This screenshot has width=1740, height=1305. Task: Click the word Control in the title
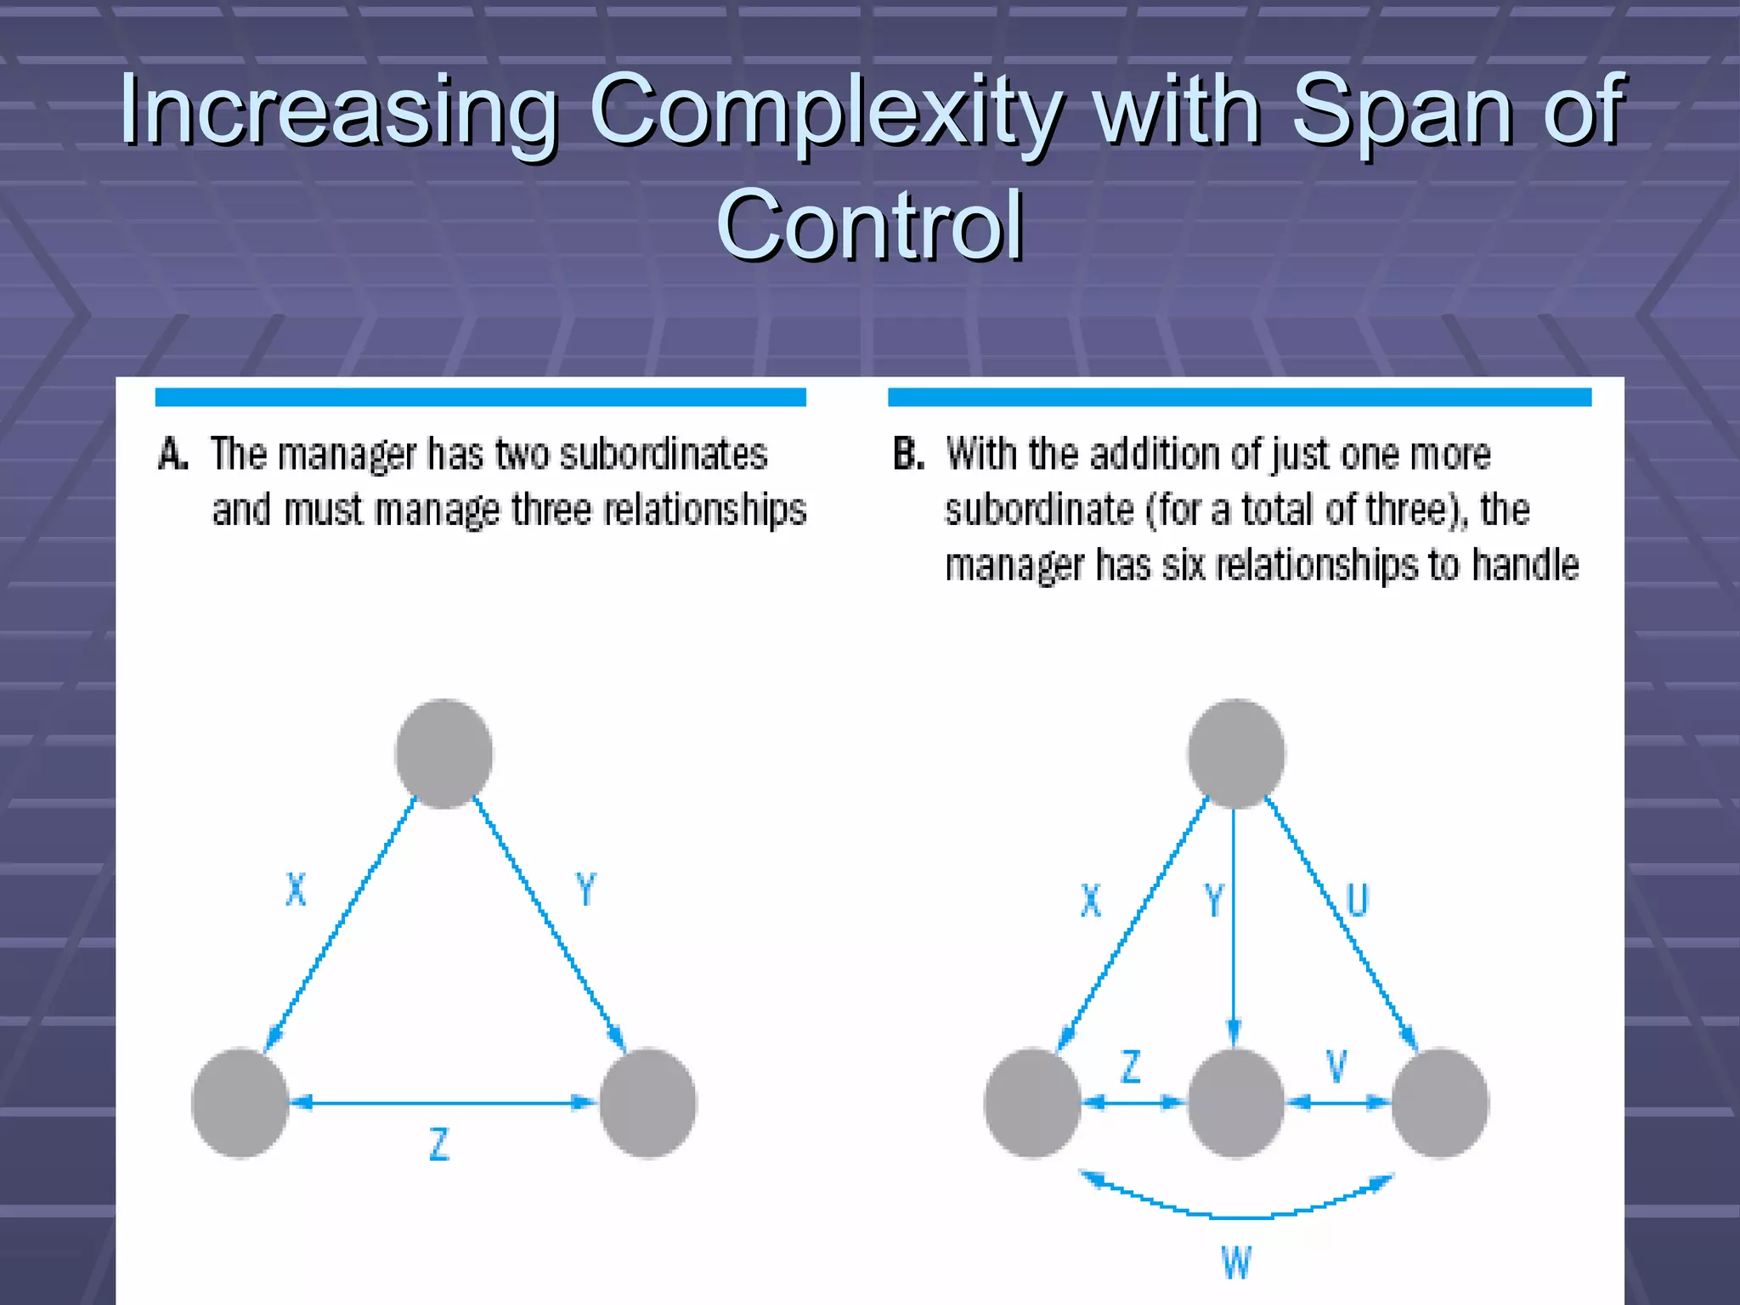click(870, 225)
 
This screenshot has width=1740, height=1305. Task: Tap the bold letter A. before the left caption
click(172, 454)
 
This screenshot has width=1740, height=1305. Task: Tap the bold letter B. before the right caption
click(907, 454)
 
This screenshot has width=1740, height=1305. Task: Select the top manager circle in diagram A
click(443, 753)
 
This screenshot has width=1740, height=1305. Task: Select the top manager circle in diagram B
click(1235, 753)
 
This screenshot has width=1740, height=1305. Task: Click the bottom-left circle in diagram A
click(240, 1103)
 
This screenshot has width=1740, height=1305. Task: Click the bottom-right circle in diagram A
click(647, 1103)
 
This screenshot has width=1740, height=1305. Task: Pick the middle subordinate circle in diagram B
click(1235, 1103)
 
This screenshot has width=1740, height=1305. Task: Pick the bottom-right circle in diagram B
click(1439, 1103)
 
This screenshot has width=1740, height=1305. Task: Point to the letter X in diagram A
click(295, 890)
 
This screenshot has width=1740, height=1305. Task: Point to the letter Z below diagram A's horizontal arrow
click(438, 1144)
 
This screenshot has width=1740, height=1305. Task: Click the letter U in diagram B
click(1357, 900)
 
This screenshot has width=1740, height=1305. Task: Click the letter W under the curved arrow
click(1236, 1263)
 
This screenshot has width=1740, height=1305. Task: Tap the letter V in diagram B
click(1336, 1066)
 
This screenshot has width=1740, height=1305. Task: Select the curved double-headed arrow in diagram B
click(1236, 1215)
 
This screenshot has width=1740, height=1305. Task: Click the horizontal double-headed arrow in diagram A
click(443, 1103)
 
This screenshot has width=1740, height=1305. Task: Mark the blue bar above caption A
click(480, 397)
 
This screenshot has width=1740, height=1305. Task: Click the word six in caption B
click(1184, 565)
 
